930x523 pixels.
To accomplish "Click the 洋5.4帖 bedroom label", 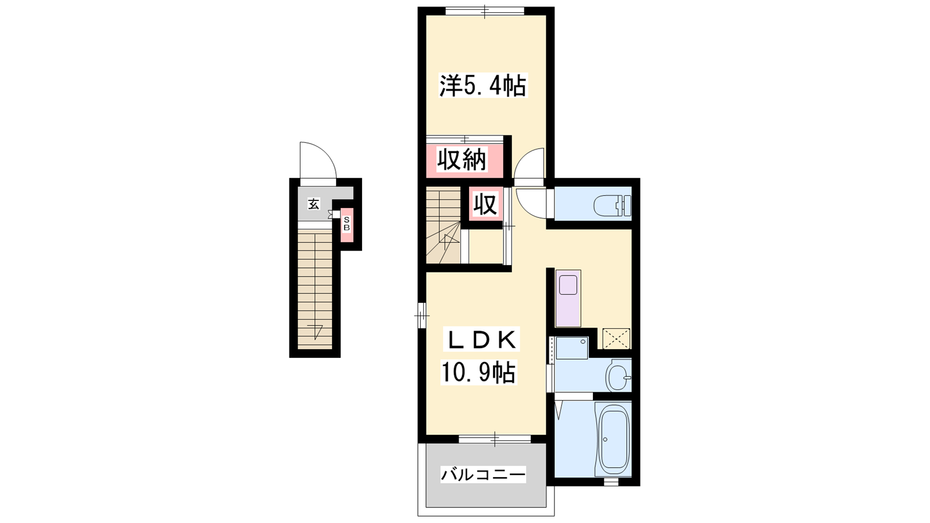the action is coord(483,85).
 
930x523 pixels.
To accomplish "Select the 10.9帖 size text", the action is coord(478,372).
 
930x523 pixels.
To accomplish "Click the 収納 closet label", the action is coord(462,160).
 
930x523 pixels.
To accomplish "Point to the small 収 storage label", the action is coord(485,204).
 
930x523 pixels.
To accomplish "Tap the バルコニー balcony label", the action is coord(483,474).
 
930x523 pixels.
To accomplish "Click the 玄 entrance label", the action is coord(313,204).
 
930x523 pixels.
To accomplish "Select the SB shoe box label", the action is coord(346,224).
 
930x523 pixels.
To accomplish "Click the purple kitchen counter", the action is coord(568,299).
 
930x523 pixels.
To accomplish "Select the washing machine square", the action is coord(572,348).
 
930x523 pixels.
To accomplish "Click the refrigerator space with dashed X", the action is coord(616,339).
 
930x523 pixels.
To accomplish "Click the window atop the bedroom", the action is coord(485,11).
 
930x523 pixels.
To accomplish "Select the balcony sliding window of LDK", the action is coord(495,439).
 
